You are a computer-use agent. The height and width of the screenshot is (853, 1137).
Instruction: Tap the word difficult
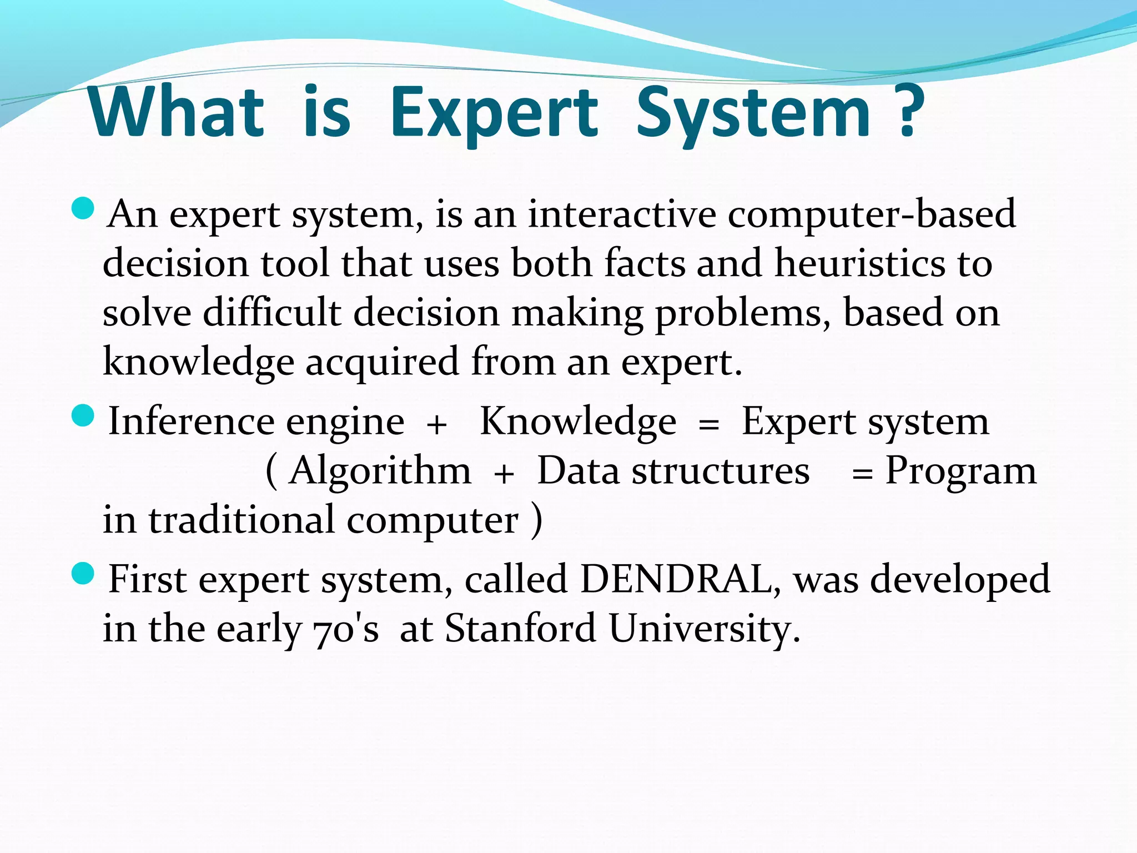pos(271,312)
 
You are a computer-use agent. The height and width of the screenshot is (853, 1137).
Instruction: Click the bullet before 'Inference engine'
pos(83,417)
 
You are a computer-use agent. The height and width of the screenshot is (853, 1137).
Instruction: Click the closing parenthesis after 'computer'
pos(536,521)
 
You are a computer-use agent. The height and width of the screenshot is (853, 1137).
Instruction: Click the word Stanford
pos(520,629)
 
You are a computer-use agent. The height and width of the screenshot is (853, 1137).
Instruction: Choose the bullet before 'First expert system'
pos(83,574)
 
